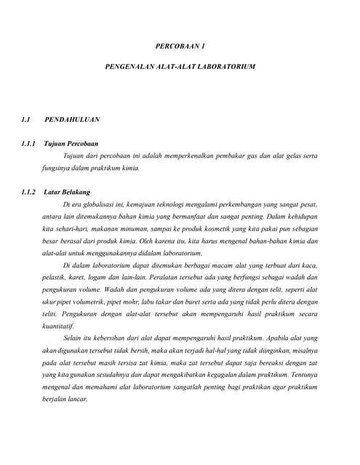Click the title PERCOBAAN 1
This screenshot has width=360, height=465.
(180, 46)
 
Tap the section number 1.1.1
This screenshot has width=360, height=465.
(31, 144)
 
